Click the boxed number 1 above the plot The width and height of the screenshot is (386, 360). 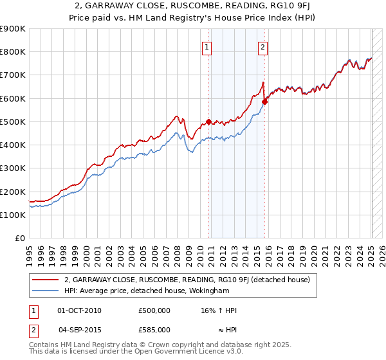(x=207, y=46)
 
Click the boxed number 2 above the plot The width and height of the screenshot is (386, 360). (x=263, y=46)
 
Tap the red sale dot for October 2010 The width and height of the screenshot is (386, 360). (x=208, y=122)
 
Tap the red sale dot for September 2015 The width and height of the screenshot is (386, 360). (x=265, y=101)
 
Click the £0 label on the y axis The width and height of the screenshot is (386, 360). (x=19, y=239)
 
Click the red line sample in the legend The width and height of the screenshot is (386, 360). (x=46, y=280)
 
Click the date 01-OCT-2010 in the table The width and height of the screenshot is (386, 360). (x=79, y=310)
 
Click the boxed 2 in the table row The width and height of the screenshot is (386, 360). (x=33, y=330)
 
